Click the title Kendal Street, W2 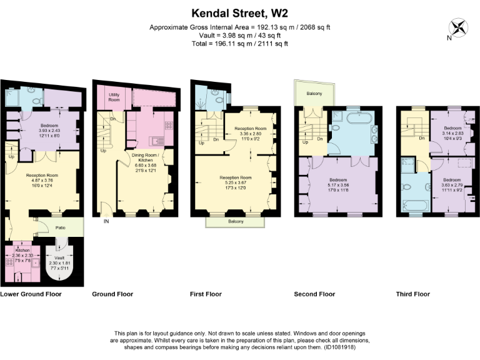pos(241,12)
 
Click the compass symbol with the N pos(459,27)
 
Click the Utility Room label pos(114,97)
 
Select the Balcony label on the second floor pos(314,93)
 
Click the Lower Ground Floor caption pos(31,294)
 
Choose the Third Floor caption pos(412,294)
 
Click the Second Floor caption pos(314,294)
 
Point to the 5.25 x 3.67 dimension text pos(234,182)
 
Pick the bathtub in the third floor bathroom pos(413,205)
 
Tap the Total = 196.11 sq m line pos(240,44)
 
